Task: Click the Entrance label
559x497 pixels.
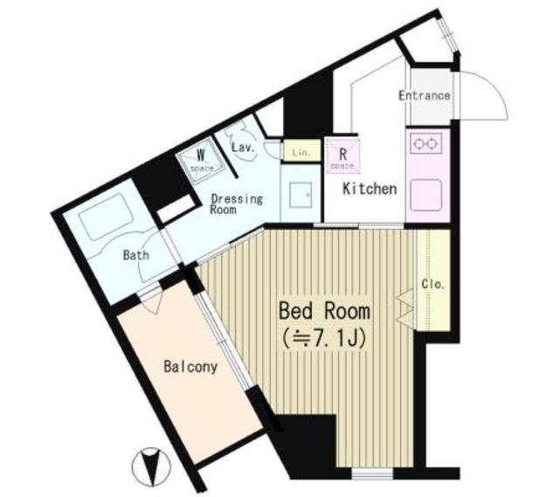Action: point(424,96)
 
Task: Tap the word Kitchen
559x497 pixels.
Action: point(369,189)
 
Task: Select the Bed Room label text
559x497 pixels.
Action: point(324,310)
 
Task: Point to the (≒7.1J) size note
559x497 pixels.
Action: point(324,336)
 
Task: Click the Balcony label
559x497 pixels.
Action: point(190,367)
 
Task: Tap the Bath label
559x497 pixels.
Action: point(135,256)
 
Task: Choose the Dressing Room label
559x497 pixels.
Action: point(236,204)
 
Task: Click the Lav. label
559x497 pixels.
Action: point(243,148)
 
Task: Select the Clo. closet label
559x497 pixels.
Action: point(433,284)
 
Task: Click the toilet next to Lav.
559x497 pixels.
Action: point(237,132)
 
